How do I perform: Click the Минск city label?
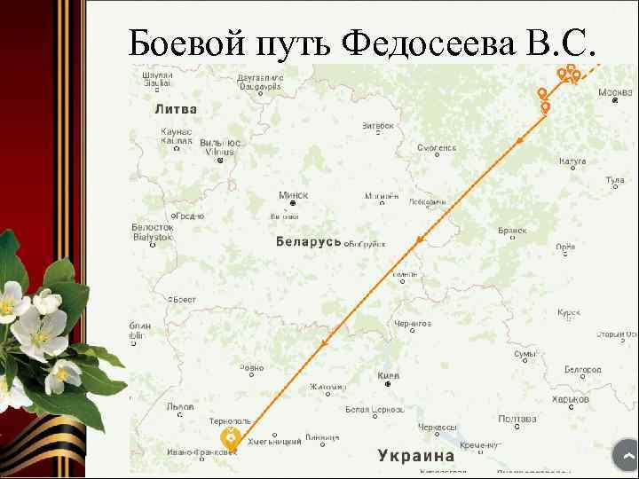[x=293, y=194]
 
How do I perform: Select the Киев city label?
[x=389, y=376]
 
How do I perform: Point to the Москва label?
[x=615, y=92]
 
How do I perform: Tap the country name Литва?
[x=176, y=109]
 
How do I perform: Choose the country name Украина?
[x=416, y=455]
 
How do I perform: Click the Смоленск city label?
[x=438, y=148]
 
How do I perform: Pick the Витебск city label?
[x=377, y=126]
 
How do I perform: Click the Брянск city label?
[x=512, y=230]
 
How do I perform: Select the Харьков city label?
[x=570, y=399]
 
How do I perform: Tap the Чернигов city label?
[x=413, y=324]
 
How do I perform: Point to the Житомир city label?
[x=328, y=387]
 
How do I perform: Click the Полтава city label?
[x=517, y=419]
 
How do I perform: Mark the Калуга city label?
[x=572, y=161]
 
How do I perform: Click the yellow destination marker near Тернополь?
[x=230, y=437]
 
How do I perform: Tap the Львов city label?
[x=180, y=406]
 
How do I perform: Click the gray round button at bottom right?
[x=626, y=456]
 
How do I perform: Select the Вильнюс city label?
[x=219, y=143]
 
